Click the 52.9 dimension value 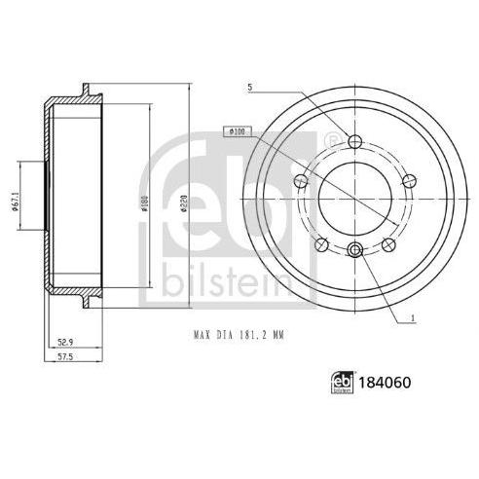[65, 342]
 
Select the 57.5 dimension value [65, 356]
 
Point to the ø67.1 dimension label [15, 203]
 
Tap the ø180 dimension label [145, 204]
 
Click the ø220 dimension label [184, 204]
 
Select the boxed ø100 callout [238, 131]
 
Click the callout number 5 [249, 87]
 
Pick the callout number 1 [413, 318]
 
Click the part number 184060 [385, 383]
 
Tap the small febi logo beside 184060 [342, 382]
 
